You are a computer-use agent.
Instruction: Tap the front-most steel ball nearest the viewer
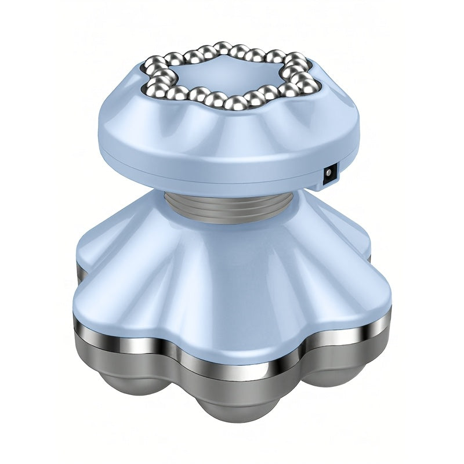click(x=237, y=103)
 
